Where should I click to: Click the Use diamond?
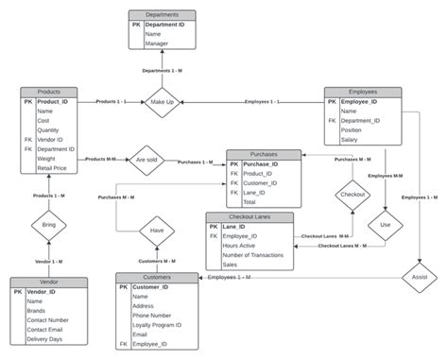[x=384, y=225]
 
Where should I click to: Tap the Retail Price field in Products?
[x=53, y=169]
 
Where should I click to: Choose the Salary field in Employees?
[x=353, y=140]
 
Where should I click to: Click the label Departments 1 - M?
[x=164, y=70]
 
